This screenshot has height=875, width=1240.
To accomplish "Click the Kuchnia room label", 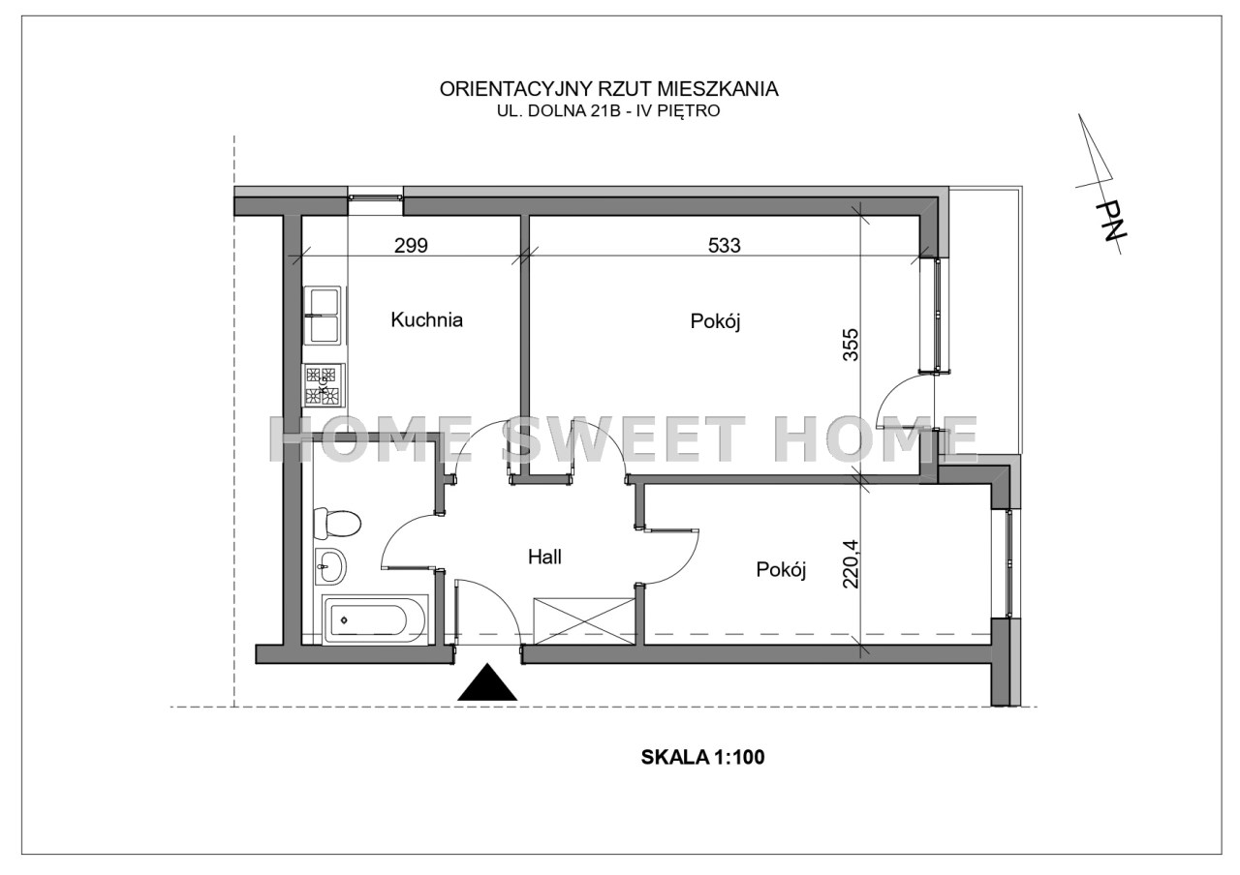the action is click(426, 319).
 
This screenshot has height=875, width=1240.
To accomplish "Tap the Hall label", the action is click(544, 557).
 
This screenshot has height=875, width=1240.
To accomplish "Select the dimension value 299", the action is click(411, 245).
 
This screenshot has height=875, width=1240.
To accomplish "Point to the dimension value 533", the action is click(724, 245).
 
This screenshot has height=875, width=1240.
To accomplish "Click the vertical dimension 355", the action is click(851, 345).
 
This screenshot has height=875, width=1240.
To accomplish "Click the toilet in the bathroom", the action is click(336, 524).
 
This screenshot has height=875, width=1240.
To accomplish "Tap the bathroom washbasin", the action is click(330, 566).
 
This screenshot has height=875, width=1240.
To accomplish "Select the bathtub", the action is click(375, 620).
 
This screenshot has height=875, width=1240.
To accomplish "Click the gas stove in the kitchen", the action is click(324, 385).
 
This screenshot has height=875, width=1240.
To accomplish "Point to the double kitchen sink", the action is click(323, 316).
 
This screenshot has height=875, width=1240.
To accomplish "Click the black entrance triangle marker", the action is click(487, 682).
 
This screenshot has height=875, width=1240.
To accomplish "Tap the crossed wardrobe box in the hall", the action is click(583, 621).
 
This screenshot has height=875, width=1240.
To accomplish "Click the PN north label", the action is click(1110, 222).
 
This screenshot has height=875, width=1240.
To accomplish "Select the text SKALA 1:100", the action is click(702, 757).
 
